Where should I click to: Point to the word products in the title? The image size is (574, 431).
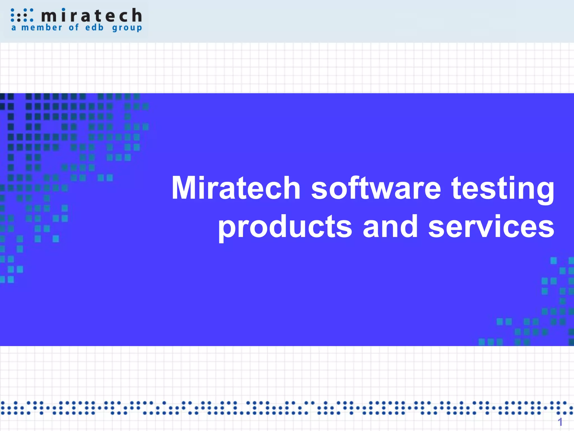[x=285, y=227]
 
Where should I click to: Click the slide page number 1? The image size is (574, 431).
[x=560, y=422]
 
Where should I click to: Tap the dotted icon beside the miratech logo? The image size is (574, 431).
[x=22, y=15]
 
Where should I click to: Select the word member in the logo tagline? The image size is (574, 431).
[x=42, y=27]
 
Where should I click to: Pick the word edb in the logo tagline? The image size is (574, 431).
[x=94, y=27]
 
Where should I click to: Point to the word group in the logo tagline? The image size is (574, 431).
[x=127, y=28]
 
